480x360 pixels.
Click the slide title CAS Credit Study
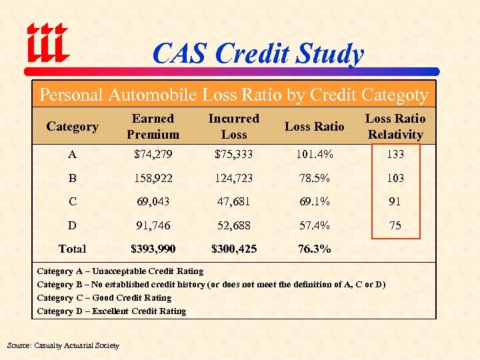click(x=258, y=54)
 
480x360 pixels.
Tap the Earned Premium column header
click(x=153, y=127)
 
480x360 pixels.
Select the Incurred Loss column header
click(x=233, y=127)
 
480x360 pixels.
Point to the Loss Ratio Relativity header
click(x=395, y=127)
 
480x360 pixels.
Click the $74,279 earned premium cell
click(x=153, y=155)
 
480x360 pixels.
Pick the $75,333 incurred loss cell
click(x=233, y=155)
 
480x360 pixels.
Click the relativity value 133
click(x=395, y=155)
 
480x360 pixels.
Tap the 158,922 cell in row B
click(x=153, y=179)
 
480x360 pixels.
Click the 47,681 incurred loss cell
click(x=233, y=201)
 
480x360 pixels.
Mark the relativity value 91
click(x=395, y=201)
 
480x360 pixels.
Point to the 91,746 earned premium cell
click(x=153, y=225)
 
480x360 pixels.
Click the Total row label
click(x=72, y=249)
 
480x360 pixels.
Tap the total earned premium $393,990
click(x=153, y=249)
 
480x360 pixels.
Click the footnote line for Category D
click(x=111, y=311)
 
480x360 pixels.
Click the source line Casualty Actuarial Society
click(x=63, y=345)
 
